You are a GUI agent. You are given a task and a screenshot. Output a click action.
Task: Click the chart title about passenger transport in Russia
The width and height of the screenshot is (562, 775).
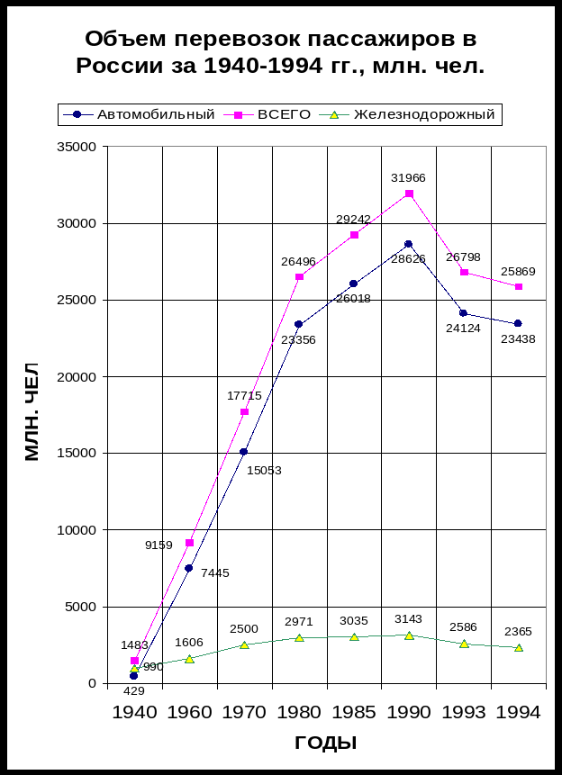click(x=280, y=52)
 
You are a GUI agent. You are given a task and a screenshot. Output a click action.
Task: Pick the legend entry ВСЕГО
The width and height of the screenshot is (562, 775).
click(x=284, y=114)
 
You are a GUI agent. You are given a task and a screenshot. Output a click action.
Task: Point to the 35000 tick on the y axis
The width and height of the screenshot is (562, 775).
click(x=77, y=147)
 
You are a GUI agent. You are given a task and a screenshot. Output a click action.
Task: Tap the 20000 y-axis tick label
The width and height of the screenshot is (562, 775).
click(x=77, y=376)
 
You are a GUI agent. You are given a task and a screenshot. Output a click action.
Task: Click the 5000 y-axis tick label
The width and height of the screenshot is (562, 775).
click(x=80, y=607)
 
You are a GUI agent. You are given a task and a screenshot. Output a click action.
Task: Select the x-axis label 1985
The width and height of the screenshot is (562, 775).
click(x=354, y=712)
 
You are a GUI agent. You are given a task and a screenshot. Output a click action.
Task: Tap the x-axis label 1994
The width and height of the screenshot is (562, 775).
click(x=518, y=712)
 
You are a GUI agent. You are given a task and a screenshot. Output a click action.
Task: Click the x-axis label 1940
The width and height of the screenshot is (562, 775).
click(x=134, y=712)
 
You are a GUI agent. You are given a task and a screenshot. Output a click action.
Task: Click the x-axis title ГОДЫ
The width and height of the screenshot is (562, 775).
click(x=326, y=743)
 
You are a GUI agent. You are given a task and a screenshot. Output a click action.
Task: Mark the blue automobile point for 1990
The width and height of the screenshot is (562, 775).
click(x=408, y=244)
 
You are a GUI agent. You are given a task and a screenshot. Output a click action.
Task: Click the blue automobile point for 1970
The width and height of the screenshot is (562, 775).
click(x=244, y=452)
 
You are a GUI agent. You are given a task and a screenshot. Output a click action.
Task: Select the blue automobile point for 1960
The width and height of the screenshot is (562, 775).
click(x=189, y=568)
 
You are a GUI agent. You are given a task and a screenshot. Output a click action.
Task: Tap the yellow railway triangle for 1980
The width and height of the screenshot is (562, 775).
click(x=299, y=638)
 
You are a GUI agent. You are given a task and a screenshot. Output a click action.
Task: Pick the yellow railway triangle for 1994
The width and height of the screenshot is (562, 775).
click(x=518, y=648)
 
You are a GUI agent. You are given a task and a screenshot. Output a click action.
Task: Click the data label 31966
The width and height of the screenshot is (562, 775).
click(x=408, y=178)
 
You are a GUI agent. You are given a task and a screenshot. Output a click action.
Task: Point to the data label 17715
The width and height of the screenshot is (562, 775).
click(x=244, y=396)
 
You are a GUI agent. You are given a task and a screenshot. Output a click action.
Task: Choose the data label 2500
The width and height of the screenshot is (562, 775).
click(x=244, y=628)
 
